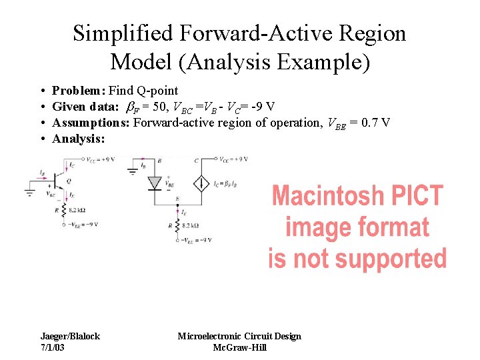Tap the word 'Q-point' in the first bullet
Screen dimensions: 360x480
click(158, 91)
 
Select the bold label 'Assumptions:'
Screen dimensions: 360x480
click(91, 123)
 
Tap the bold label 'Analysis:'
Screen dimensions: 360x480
click(79, 139)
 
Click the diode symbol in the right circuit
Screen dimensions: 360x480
click(155, 183)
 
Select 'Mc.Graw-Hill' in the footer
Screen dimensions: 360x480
click(239, 348)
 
